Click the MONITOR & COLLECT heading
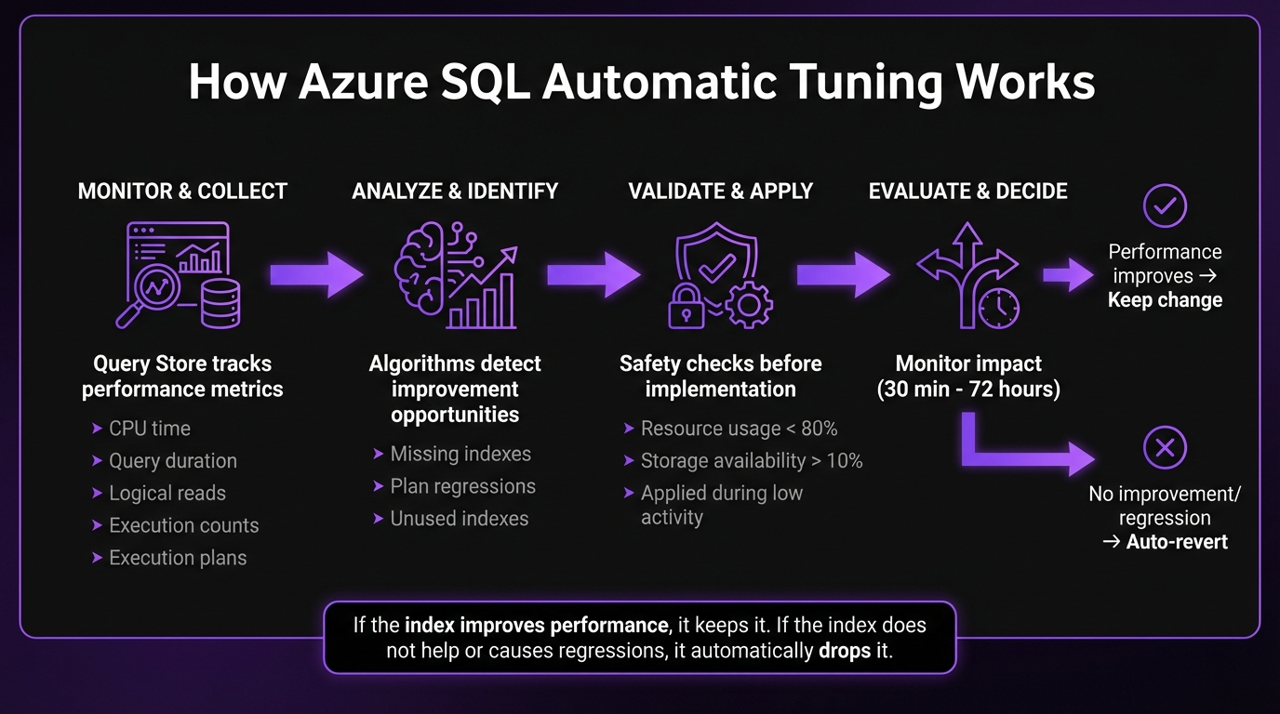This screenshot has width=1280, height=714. click(x=182, y=192)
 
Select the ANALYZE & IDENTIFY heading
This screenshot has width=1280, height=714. click(x=455, y=192)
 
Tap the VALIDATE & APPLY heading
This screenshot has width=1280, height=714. click(x=720, y=192)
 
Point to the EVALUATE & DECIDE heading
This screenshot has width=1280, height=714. click(x=967, y=192)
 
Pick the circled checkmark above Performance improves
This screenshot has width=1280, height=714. click(x=1165, y=205)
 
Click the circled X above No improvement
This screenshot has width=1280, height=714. click(x=1165, y=449)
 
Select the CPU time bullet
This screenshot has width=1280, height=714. click(x=149, y=429)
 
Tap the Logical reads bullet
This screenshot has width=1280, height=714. click(x=167, y=494)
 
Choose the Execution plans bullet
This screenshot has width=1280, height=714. click(x=177, y=558)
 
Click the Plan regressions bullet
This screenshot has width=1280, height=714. click(x=462, y=486)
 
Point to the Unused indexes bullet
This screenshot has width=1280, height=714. click(x=459, y=519)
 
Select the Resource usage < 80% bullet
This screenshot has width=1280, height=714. click(x=739, y=429)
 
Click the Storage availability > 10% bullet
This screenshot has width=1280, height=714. click(x=751, y=461)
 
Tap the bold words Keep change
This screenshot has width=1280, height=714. click(x=1165, y=300)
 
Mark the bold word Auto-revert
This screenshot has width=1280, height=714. click(x=1177, y=542)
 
